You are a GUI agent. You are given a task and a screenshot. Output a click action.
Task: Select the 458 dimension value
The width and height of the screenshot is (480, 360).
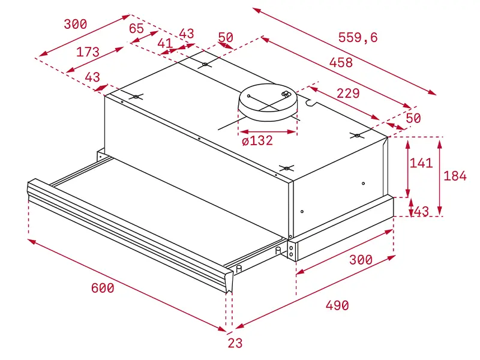(340, 62)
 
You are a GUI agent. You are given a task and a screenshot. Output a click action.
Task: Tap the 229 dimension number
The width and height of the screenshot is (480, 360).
(347, 94)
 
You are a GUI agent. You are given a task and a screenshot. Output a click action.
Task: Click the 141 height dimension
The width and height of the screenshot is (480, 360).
(421, 163)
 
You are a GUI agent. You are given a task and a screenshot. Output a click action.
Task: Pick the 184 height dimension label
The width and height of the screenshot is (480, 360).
(455, 176)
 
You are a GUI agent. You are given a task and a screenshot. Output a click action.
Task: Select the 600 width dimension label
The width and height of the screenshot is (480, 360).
(103, 288)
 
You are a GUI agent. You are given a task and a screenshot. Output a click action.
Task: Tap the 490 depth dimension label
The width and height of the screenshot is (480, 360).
(337, 305)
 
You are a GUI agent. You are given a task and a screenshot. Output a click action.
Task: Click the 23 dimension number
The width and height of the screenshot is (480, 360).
(235, 344)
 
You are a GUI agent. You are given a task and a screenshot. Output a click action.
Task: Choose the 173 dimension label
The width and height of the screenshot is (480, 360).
(88, 52)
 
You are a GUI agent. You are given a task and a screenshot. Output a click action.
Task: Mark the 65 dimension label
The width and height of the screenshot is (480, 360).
(136, 28)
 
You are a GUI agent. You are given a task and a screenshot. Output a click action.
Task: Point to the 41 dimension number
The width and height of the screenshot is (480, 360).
(164, 43)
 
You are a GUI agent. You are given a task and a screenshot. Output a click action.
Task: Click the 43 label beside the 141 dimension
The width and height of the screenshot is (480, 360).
(421, 211)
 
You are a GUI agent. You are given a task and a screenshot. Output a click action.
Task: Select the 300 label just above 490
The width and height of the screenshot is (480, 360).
(361, 260)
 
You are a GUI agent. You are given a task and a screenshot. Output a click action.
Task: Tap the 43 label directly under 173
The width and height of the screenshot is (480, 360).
(93, 77)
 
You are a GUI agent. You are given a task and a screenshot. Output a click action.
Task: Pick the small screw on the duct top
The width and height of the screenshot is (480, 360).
(286, 94)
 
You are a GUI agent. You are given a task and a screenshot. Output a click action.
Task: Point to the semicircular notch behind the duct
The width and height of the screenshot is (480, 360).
(311, 104)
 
